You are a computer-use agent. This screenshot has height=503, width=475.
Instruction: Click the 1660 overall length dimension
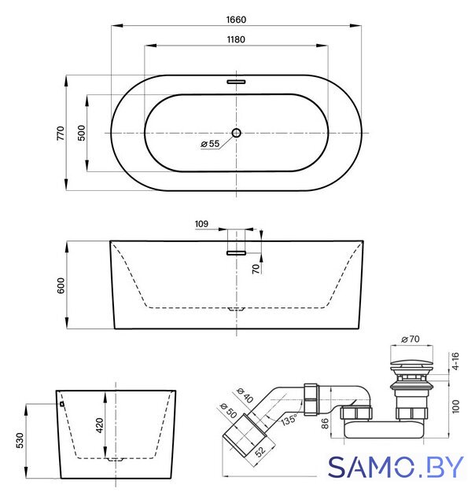(236, 20)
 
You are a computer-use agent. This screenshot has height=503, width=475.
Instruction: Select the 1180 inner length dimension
(236, 39)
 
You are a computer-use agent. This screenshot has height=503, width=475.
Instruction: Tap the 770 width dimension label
(61, 133)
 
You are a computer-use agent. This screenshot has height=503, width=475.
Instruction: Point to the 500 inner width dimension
(82, 133)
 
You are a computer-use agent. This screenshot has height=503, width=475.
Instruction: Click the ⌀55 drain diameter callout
(210, 144)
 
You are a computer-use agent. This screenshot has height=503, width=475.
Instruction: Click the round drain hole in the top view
(237, 133)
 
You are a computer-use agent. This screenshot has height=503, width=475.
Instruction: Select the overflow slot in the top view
(236, 82)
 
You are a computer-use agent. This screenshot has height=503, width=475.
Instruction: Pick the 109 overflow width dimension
(201, 223)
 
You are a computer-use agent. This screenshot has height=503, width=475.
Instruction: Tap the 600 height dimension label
(61, 285)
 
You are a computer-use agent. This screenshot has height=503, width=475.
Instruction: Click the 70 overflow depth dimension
(256, 269)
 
